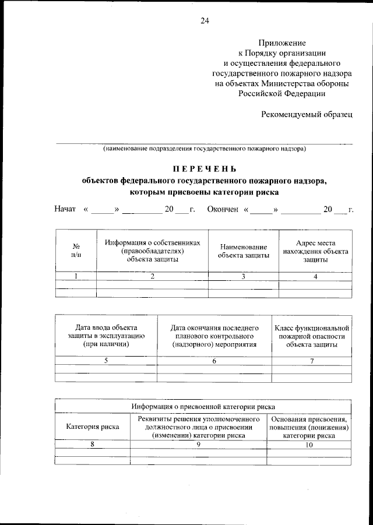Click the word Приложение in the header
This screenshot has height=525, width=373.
pos(282,43)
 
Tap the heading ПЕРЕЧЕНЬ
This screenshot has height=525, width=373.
pos(203,170)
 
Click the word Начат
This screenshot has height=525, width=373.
pos(65,209)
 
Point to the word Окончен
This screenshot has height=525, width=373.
pos(223,209)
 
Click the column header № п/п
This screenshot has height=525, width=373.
pos(76,251)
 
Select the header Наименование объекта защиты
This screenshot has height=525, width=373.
pos(244,251)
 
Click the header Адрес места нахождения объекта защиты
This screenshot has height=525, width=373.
pos(315,251)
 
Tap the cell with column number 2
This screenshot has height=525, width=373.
pos(153,276)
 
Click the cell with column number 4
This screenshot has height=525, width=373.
pos(315,276)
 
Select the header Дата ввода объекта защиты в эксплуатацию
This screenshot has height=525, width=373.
pos(105,336)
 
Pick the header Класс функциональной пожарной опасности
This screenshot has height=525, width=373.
pos(312,336)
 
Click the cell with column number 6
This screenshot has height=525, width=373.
pos(214,361)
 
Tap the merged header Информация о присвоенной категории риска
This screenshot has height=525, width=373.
pos(203,406)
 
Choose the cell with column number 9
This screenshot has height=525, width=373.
pos(198,445)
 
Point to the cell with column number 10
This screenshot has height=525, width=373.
pos(309,445)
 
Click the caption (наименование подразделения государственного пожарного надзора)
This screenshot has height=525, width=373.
pos(205,149)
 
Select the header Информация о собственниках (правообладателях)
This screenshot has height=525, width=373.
pos(153,251)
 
